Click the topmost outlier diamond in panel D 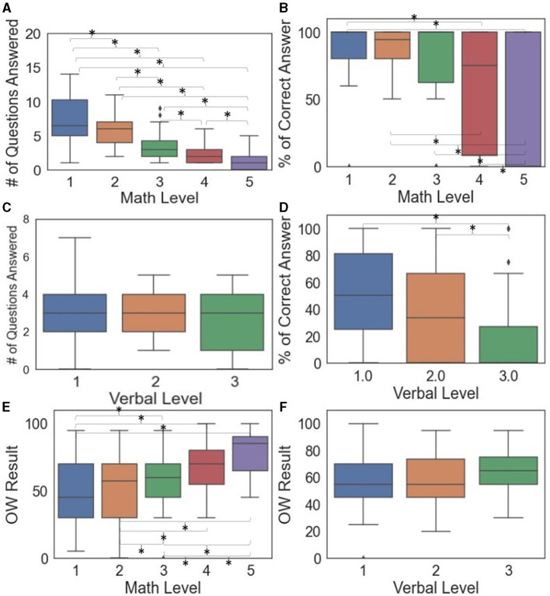(509, 228)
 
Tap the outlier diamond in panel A (161, 110)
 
